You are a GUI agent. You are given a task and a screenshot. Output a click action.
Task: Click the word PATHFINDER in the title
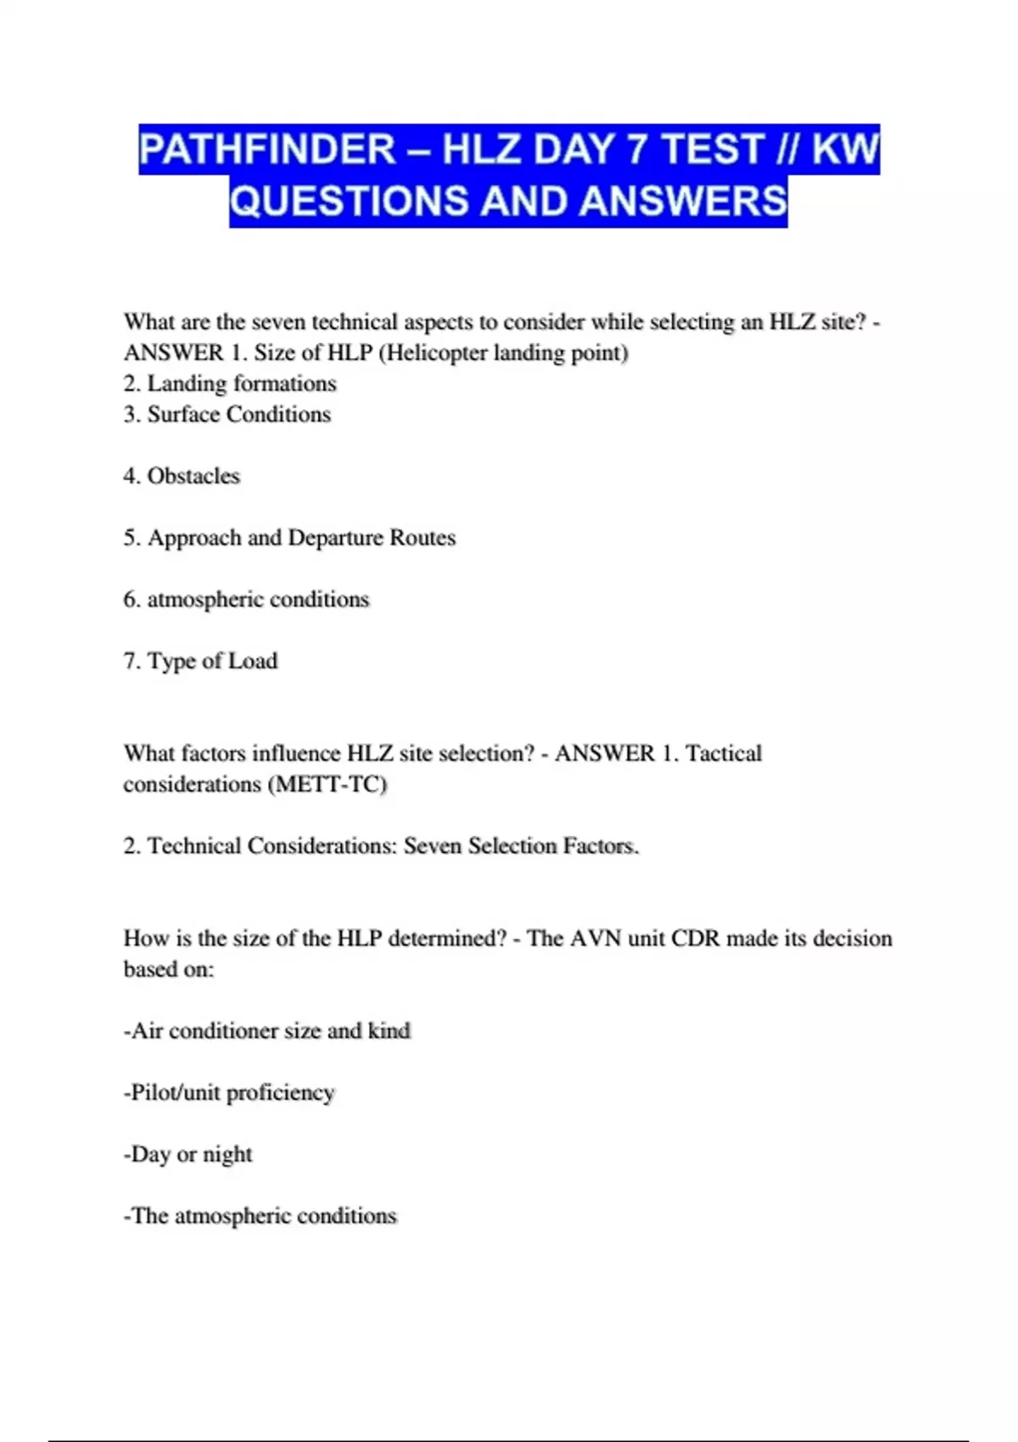pyautogui.click(x=267, y=150)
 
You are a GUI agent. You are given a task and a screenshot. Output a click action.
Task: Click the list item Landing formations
pyautogui.click(x=241, y=383)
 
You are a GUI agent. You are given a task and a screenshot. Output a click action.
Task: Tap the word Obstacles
pyautogui.click(x=193, y=476)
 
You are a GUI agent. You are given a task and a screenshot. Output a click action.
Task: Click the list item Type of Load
pyautogui.click(x=212, y=661)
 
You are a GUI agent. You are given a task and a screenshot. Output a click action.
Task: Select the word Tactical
pyautogui.click(x=724, y=753)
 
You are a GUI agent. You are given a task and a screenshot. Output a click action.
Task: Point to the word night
pyautogui.click(x=227, y=1154)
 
